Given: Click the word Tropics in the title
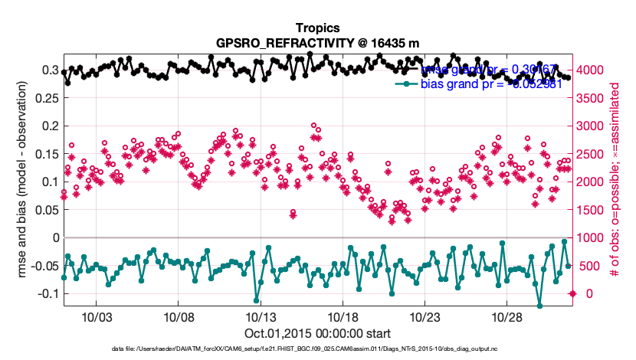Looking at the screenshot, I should tap(317, 27).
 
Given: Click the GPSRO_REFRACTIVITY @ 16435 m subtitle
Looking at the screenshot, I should tap(317, 42).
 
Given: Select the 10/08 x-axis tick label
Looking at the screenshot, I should tap(178, 317).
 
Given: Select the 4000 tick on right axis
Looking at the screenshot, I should tap(591, 70).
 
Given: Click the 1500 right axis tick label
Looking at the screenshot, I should tap(591, 210).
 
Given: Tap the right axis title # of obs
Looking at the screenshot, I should tap(615, 182).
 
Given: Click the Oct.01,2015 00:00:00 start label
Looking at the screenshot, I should tap(317, 333).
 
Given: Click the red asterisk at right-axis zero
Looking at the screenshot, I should tap(572, 293).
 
